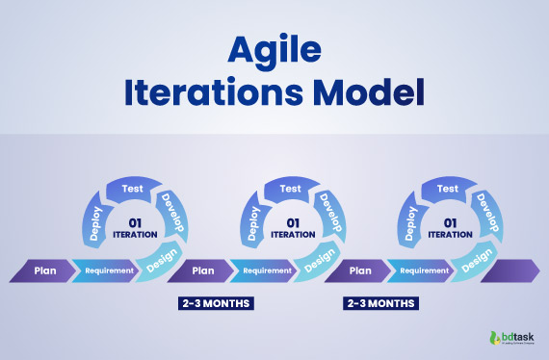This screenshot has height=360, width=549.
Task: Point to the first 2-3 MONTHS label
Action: tap(217, 303)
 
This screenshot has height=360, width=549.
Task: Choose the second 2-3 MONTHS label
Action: tap(380, 303)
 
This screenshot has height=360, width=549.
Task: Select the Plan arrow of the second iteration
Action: tap(202, 271)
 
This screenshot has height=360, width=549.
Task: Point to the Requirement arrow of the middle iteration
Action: tap(267, 271)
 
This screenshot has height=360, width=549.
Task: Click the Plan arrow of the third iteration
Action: tap(360, 271)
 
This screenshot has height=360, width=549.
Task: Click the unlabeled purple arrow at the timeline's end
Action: tap(510, 271)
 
